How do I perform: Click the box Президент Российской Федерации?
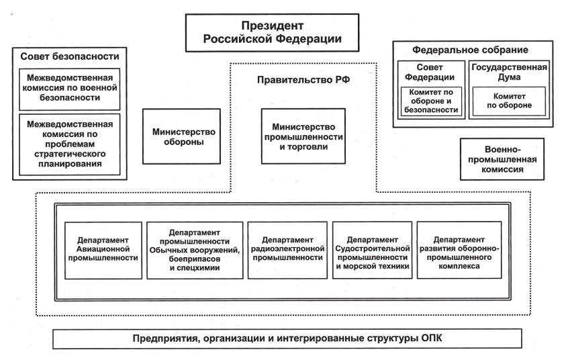[x=272, y=33]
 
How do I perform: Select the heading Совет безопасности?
[x=70, y=56]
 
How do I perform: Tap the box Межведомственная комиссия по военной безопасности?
[x=70, y=89]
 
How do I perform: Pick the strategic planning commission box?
[x=70, y=144]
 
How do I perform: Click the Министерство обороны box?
[x=181, y=136]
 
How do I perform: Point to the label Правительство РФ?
[x=303, y=80]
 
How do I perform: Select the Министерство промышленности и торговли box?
[x=303, y=136]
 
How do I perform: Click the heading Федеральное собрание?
[x=470, y=50]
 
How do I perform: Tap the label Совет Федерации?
[x=430, y=72]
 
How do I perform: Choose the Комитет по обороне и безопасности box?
[x=431, y=101]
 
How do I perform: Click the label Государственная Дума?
[x=509, y=72]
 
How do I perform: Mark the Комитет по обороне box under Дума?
[x=509, y=101]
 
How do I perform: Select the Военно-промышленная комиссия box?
[x=502, y=159]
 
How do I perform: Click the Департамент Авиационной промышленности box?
[x=103, y=250]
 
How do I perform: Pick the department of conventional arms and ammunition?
[x=195, y=250]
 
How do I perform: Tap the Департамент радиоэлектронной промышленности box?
[x=287, y=250]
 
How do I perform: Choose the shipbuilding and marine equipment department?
[x=373, y=250]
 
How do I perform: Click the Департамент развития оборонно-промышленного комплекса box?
[x=459, y=250]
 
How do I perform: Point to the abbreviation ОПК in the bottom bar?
[x=432, y=339]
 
